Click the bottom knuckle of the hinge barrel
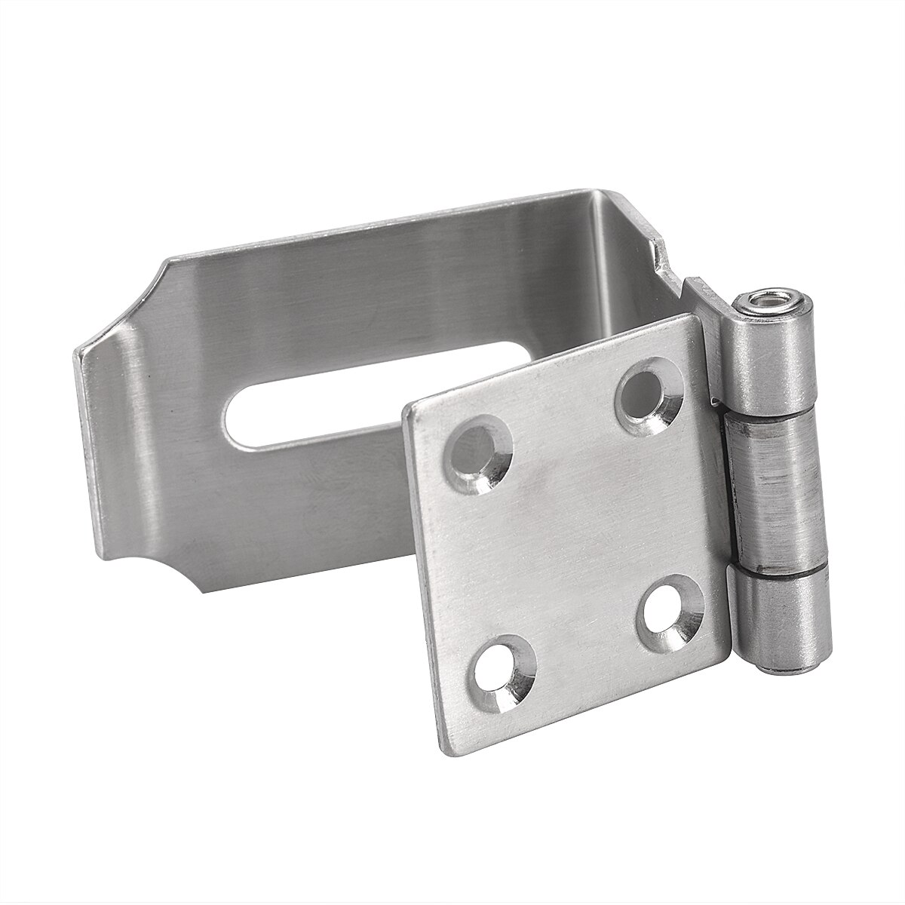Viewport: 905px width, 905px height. coord(784,618)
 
